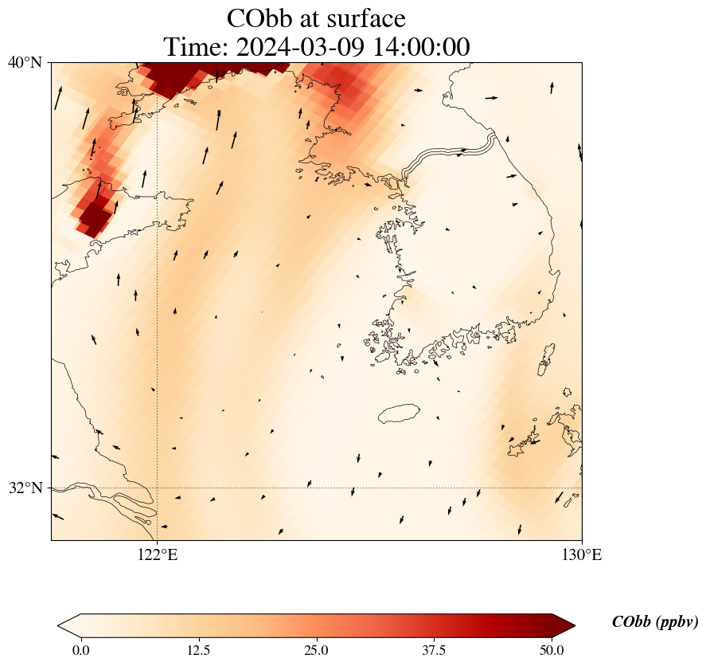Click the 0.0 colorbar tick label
tap(80, 650)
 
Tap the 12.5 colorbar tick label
tap(198, 650)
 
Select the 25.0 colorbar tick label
tap(317, 650)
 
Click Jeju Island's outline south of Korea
tap(399, 413)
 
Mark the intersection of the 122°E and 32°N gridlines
tap(158, 488)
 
